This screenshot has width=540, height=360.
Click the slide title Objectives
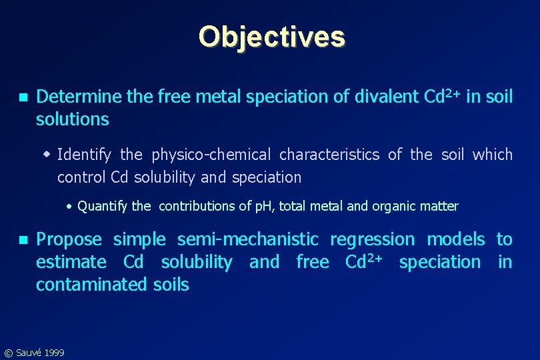(x=271, y=37)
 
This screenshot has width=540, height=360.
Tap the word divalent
(x=386, y=97)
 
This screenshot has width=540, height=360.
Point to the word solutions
(x=72, y=120)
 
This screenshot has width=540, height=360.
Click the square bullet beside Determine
(x=23, y=97)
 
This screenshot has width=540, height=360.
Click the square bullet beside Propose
(x=23, y=240)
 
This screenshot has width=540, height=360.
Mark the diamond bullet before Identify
(x=47, y=155)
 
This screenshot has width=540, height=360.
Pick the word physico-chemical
(x=211, y=155)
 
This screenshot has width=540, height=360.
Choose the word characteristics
(x=329, y=155)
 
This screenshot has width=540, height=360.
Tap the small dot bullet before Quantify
(x=70, y=206)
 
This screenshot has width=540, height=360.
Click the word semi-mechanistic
(x=248, y=240)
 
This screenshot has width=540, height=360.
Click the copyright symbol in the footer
(x=7, y=353)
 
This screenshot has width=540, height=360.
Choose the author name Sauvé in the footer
(x=28, y=352)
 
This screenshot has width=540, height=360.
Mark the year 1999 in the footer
(x=54, y=352)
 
